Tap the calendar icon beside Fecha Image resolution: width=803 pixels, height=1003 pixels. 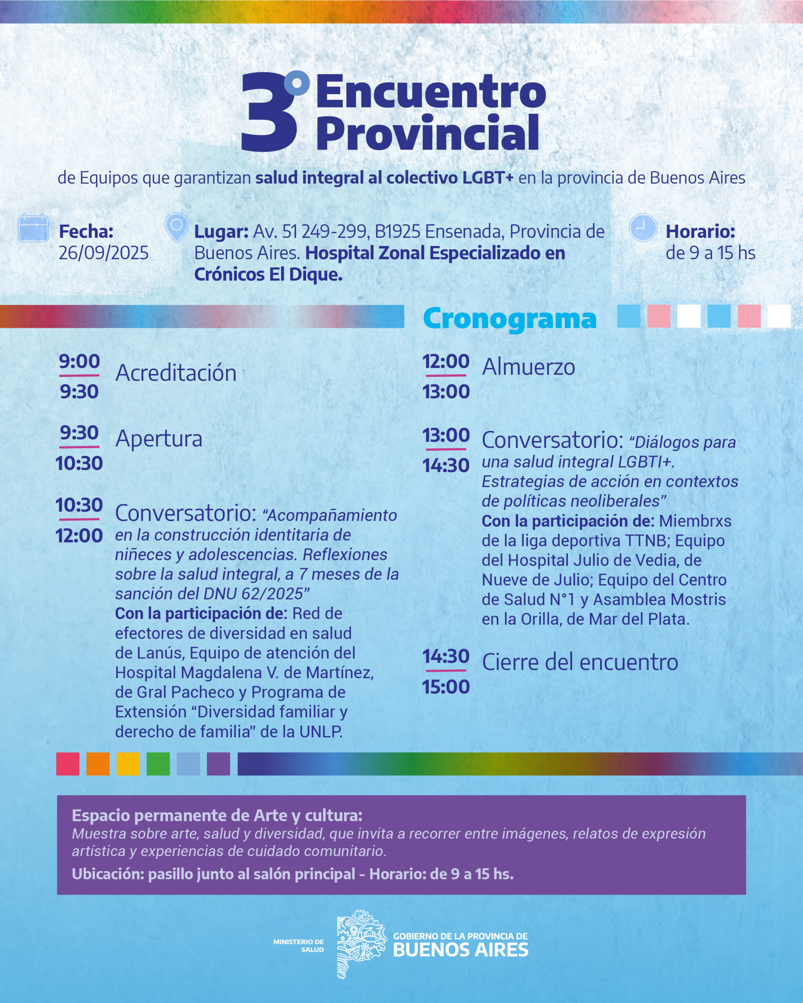[x=33, y=228]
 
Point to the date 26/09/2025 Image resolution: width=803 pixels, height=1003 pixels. [x=103, y=253]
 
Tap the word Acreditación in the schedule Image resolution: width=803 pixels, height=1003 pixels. [x=176, y=373]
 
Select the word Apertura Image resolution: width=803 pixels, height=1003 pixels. [x=159, y=439]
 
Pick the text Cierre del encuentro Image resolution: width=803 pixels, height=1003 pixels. [x=580, y=663]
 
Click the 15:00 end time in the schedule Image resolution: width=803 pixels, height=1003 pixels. [x=446, y=687]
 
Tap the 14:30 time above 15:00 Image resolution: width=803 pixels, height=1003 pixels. [x=446, y=656]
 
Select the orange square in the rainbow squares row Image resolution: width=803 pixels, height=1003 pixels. [x=98, y=764]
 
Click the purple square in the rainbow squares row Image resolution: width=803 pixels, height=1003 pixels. [x=218, y=764]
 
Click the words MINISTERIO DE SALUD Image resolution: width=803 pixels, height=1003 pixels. [x=299, y=945]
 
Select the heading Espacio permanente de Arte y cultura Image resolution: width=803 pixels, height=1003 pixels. [x=217, y=815]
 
